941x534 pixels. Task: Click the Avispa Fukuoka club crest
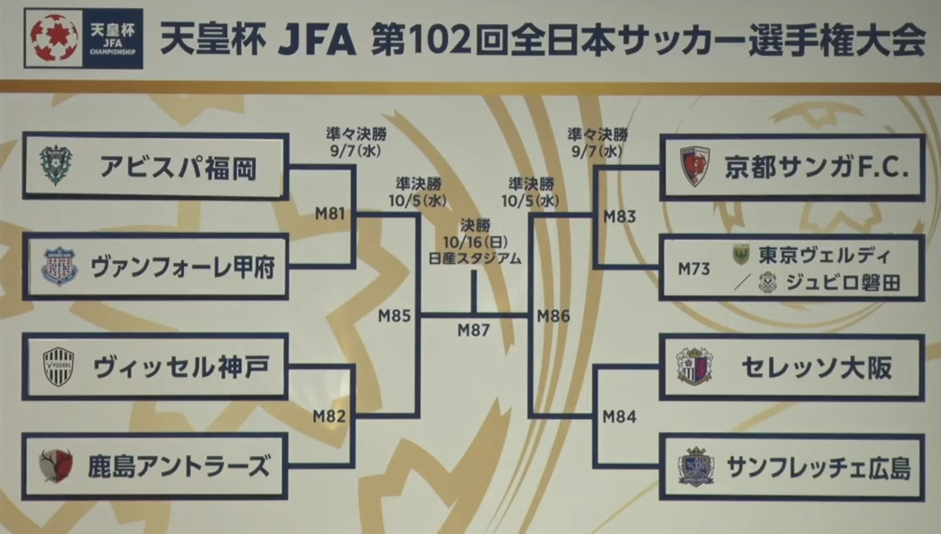(x=56, y=166)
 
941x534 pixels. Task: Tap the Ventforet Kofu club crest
(x=59, y=267)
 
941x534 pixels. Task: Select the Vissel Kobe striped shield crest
(x=58, y=367)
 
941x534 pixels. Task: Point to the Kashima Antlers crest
(x=56, y=466)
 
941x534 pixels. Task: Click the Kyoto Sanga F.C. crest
(x=695, y=166)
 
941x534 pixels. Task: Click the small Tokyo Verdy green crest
(x=741, y=255)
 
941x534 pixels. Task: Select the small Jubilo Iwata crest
(x=768, y=283)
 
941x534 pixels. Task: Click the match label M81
(x=330, y=213)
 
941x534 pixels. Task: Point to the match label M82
(x=329, y=416)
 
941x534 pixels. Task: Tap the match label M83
(x=620, y=217)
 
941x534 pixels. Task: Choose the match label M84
(x=620, y=416)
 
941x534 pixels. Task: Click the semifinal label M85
(x=394, y=315)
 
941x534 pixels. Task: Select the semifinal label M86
(x=553, y=315)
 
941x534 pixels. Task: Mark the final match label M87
(x=474, y=330)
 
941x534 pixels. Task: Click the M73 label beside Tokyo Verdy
(x=694, y=269)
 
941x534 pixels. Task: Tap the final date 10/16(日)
(x=475, y=242)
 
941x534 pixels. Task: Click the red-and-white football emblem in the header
(x=54, y=38)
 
